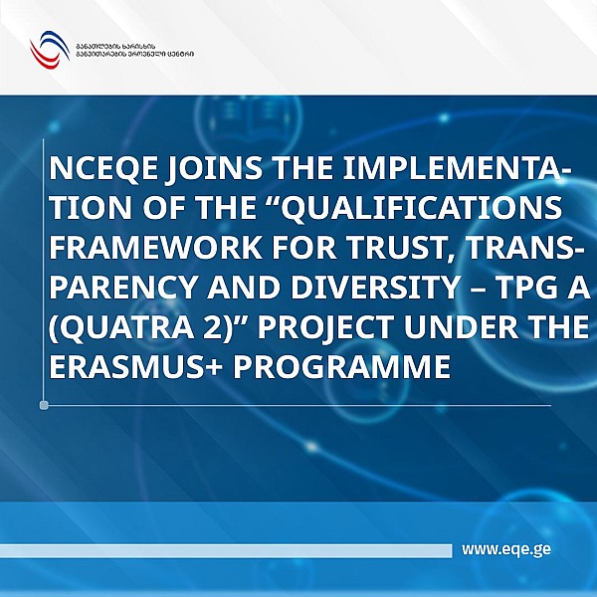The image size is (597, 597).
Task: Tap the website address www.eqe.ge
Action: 506,548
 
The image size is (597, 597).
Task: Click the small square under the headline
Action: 43,405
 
